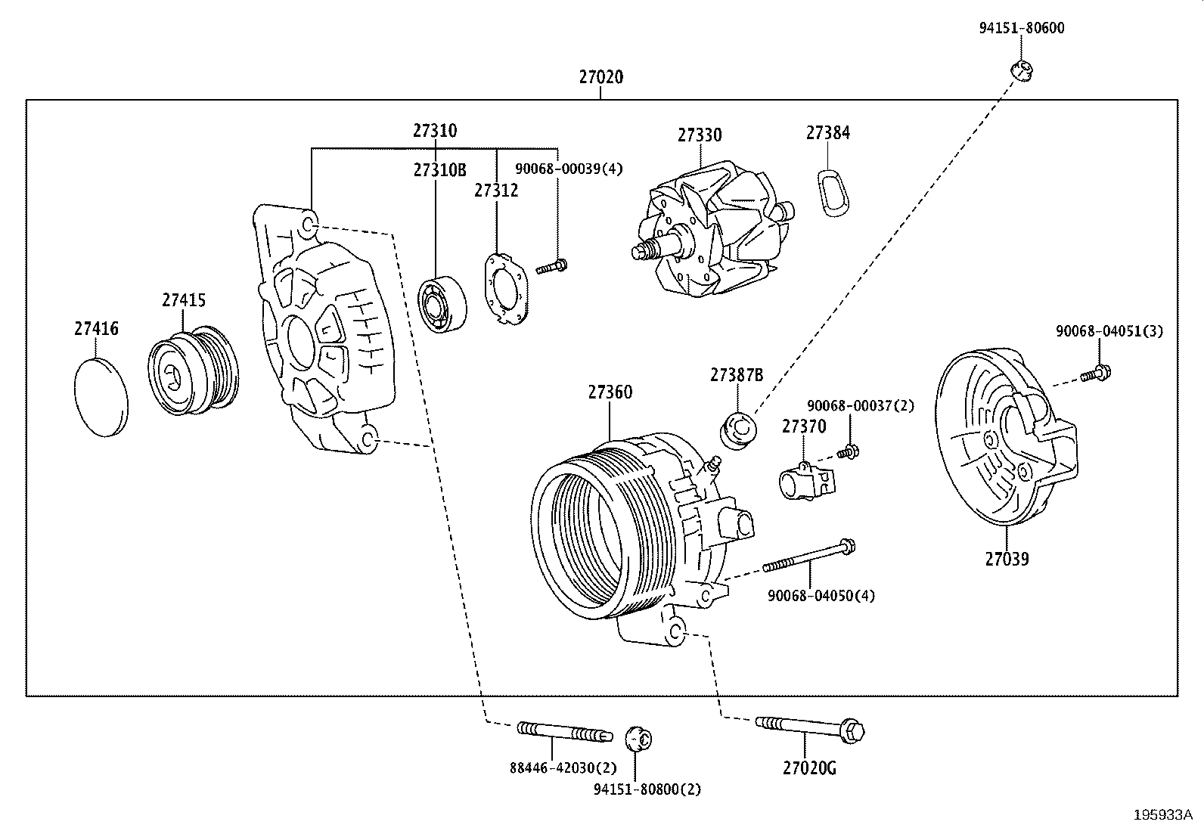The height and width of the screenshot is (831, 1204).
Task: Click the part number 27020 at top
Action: (x=601, y=77)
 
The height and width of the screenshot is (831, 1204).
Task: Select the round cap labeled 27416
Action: (x=101, y=397)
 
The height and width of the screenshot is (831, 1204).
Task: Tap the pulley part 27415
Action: (x=193, y=372)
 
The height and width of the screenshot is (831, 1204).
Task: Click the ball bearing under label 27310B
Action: (x=442, y=304)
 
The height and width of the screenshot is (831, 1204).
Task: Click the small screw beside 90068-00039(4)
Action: (x=552, y=266)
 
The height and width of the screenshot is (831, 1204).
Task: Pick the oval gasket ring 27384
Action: (x=832, y=194)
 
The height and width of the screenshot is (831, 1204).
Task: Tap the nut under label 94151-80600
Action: (x=1022, y=70)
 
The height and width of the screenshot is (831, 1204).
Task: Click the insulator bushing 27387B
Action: (x=737, y=430)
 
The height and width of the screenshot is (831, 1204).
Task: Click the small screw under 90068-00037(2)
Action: (x=849, y=453)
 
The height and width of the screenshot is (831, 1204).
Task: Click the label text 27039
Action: (x=1007, y=560)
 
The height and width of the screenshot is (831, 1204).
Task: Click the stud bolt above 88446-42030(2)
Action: (x=563, y=732)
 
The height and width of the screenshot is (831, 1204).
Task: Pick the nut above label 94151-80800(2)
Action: (x=639, y=737)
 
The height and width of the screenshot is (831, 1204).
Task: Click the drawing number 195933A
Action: (x=1162, y=815)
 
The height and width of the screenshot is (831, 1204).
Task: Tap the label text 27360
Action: (x=610, y=392)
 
